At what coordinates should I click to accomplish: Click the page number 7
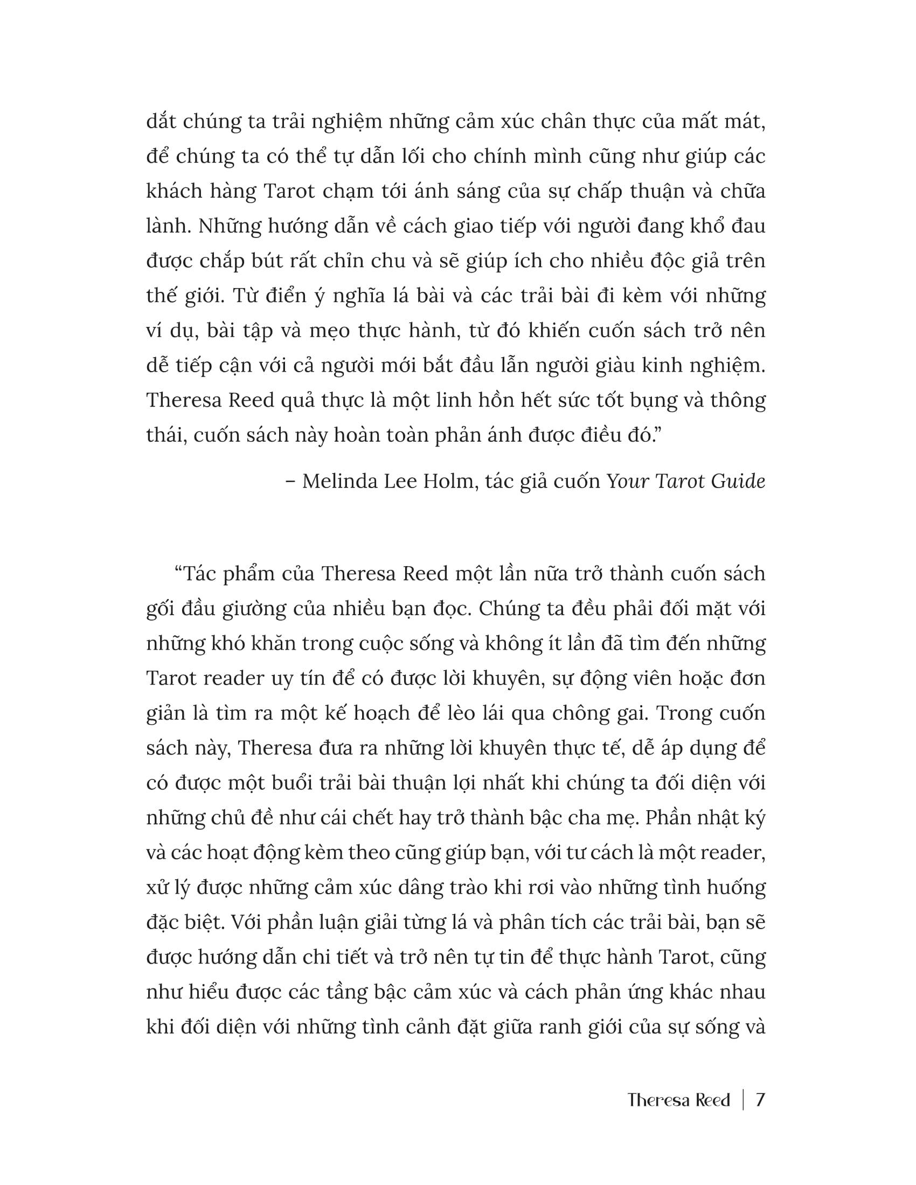click(760, 1100)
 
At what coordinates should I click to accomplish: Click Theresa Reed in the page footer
click(678, 1100)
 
